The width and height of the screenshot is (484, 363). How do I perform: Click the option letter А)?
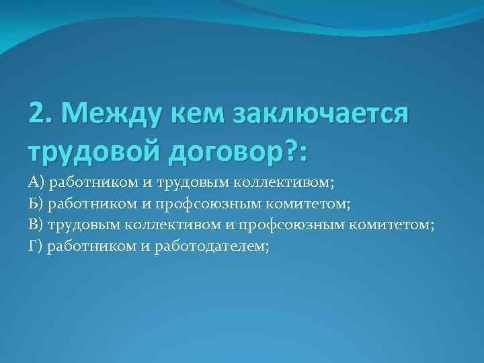[x=37, y=182]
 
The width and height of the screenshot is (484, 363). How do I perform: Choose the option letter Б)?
[x=37, y=204]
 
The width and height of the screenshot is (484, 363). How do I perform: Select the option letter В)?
[x=37, y=225]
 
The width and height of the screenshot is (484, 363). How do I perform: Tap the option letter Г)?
[x=36, y=247]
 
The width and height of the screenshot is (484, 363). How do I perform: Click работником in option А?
[x=93, y=182]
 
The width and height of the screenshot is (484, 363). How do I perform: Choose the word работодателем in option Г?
[x=210, y=247]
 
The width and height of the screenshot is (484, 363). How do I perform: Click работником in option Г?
[x=93, y=247]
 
